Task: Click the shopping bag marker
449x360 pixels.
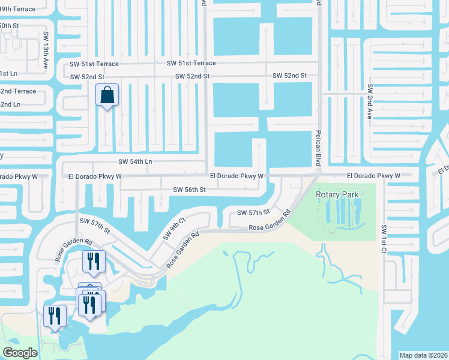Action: coord(107,95)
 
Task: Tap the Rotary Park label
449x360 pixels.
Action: coord(336,194)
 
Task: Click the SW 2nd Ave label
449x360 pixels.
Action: coord(370,101)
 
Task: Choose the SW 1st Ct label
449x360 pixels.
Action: coord(382,239)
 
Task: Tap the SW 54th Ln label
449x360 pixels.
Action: coord(135,162)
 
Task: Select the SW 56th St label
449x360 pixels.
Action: coord(190,190)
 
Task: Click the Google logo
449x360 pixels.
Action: coord(20,353)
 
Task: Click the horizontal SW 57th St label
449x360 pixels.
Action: coord(254,212)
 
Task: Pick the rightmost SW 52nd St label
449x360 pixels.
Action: coord(289,76)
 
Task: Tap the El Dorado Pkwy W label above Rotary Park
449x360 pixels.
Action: coord(373,176)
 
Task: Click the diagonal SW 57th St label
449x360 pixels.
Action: coord(95,227)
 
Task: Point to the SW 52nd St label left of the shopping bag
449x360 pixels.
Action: coord(87,77)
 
